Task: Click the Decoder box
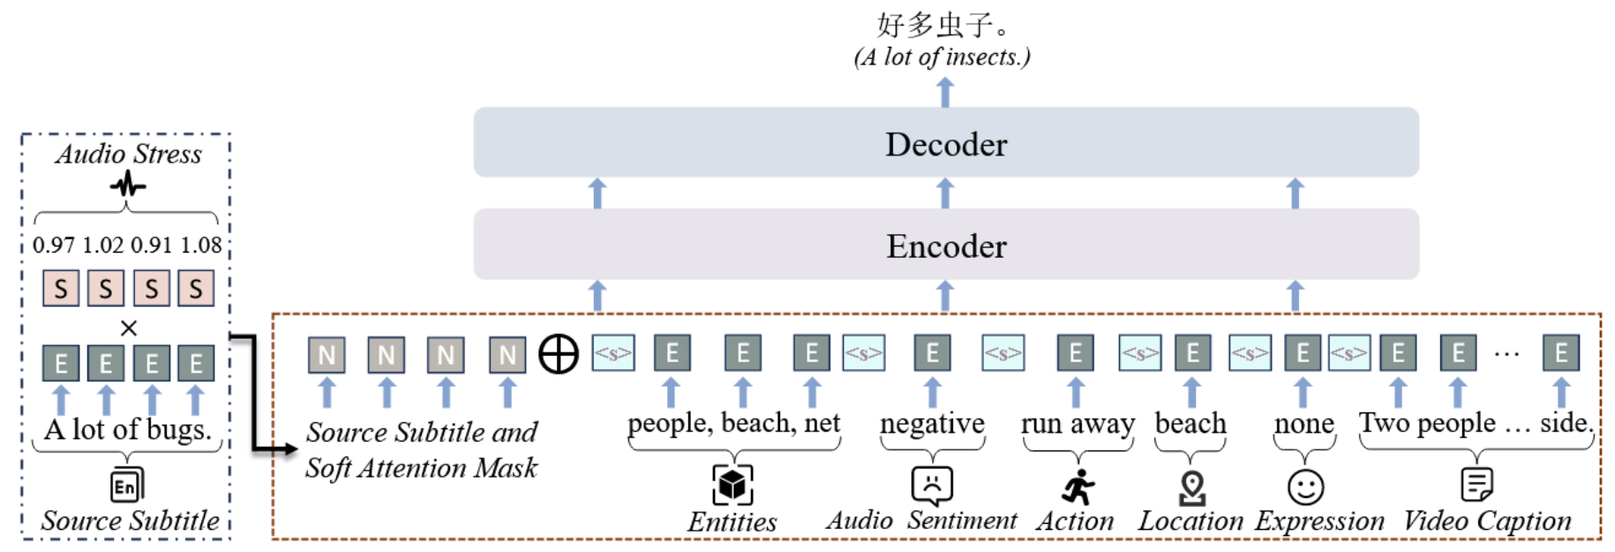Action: click(945, 143)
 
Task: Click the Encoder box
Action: click(945, 246)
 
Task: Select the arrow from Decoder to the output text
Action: click(945, 92)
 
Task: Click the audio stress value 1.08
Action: click(201, 245)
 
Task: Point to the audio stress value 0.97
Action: click(54, 245)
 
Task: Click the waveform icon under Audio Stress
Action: click(128, 185)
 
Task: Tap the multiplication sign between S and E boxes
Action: click(129, 329)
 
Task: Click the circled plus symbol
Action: click(559, 354)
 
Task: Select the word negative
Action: click(932, 423)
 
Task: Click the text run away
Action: click(1078, 423)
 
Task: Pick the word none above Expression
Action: click(1303, 424)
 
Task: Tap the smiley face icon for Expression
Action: click(1305, 487)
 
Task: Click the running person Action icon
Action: click(1078, 487)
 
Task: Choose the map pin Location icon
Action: click(1192, 487)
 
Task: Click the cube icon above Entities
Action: click(732, 485)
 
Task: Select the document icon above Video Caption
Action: click(1476, 484)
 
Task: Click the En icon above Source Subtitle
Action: click(126, 486)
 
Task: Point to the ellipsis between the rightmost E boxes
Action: click(1506, 354)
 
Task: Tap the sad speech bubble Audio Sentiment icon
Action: click(932, 484)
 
